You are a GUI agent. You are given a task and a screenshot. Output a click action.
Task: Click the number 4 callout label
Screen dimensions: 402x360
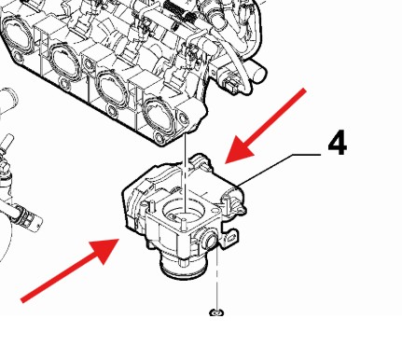[338, 143]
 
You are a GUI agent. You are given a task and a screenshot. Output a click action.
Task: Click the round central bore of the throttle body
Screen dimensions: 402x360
[183, 212]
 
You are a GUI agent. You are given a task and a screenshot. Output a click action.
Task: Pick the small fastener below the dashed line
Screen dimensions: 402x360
[216, 312]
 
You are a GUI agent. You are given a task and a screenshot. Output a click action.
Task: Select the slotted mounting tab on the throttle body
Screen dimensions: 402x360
[230, 239]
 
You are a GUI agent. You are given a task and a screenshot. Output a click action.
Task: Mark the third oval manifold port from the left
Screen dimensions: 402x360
[113, 88]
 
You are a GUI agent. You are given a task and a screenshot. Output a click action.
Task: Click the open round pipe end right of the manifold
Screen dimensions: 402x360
[259, 73]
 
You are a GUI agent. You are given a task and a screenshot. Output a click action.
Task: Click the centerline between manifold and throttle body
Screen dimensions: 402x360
[186, 173]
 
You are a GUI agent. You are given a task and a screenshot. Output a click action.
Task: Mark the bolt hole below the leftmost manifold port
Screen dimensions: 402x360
[18, 57]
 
